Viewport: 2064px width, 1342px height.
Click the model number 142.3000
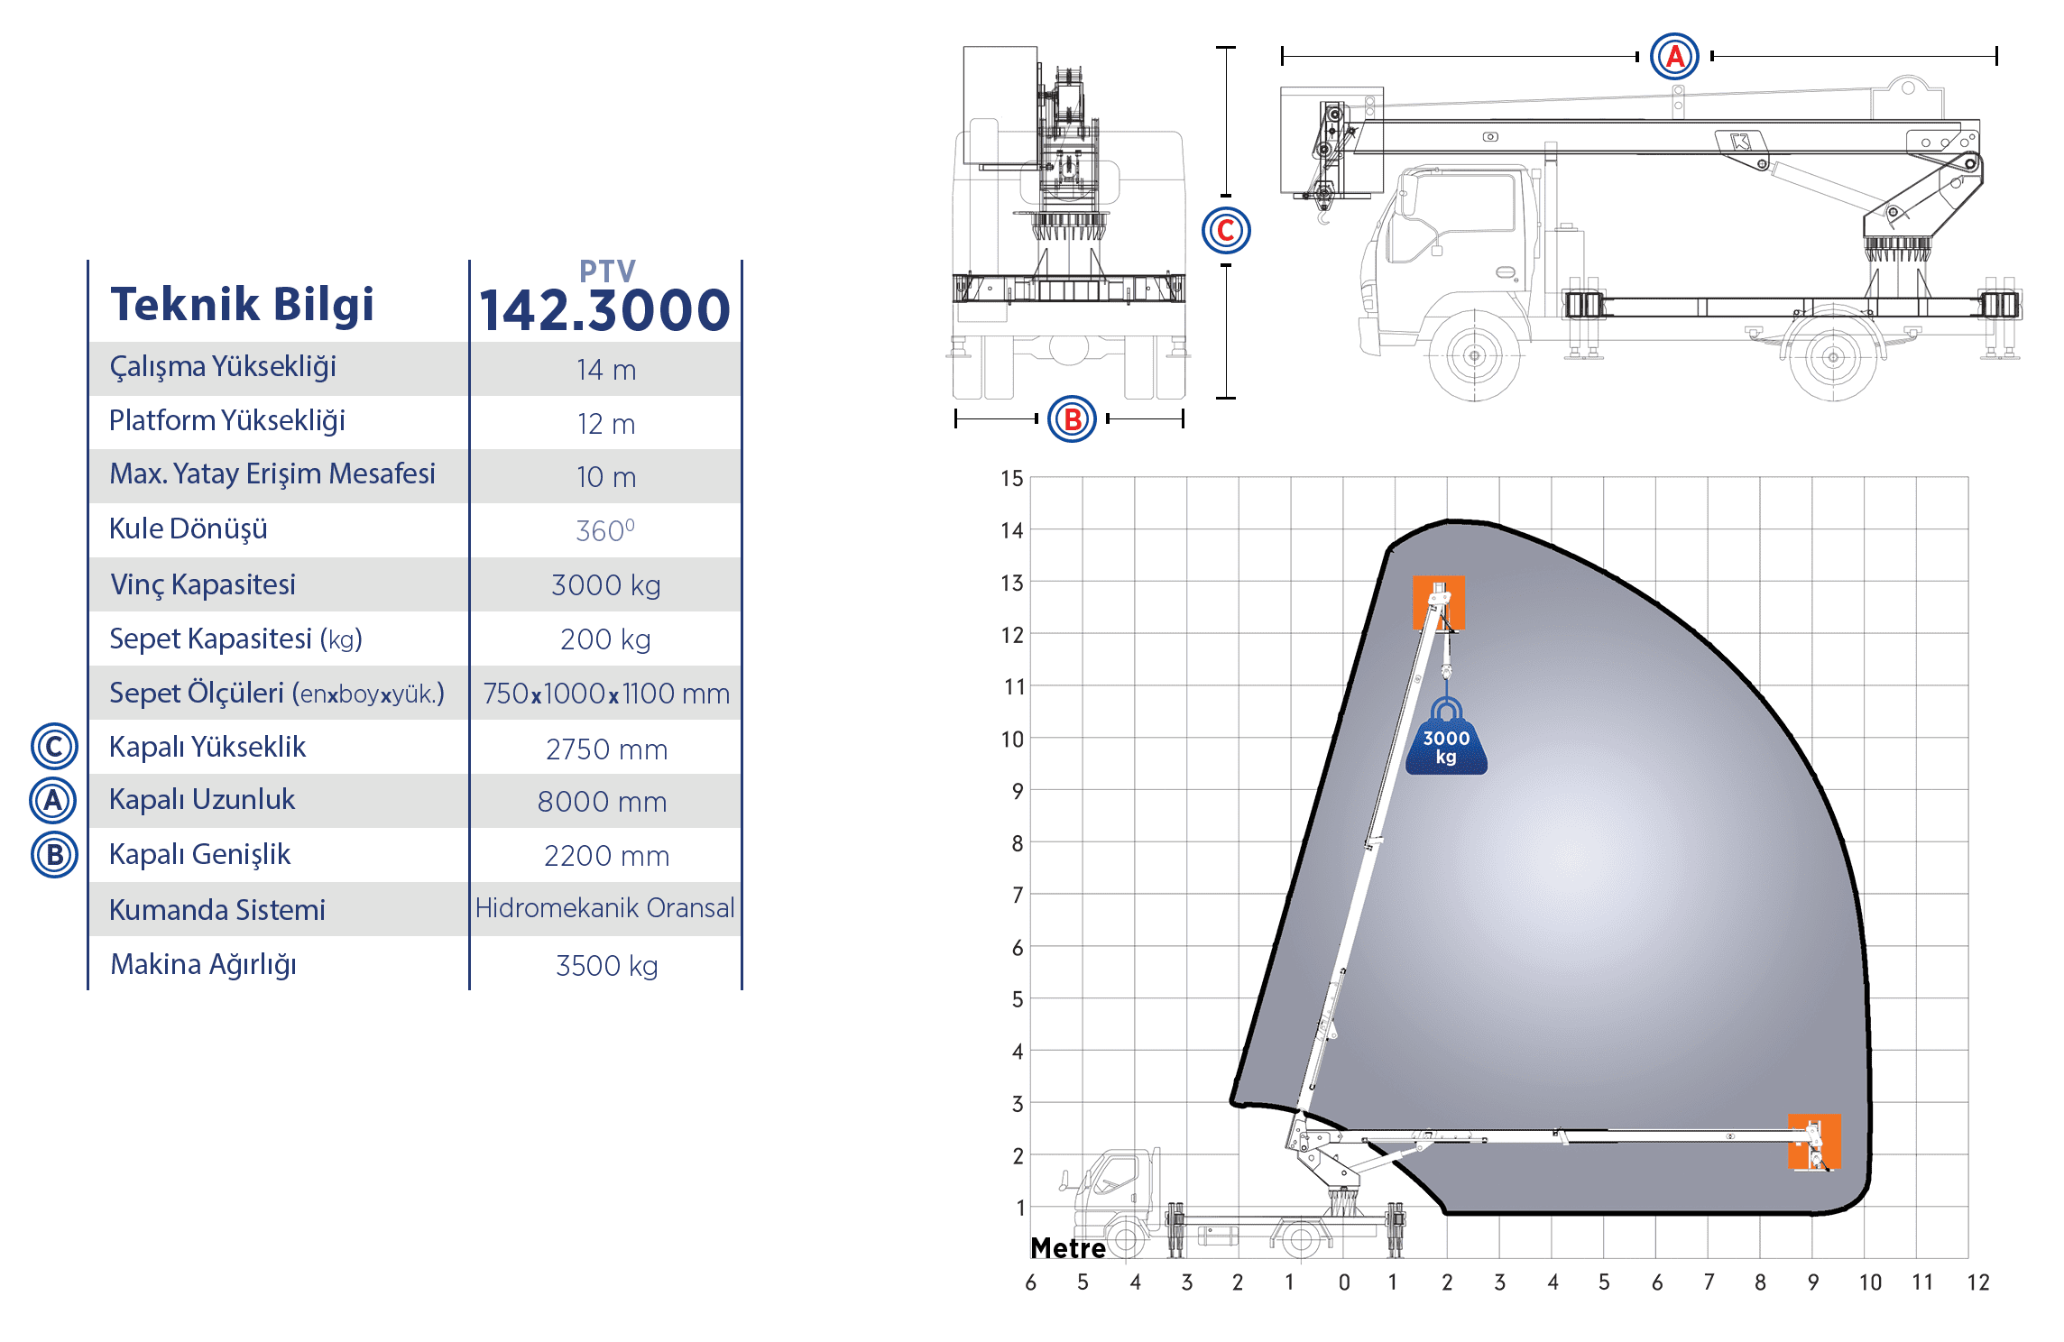coord(604,309)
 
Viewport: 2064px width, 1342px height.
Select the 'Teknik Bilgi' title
coord(242,304)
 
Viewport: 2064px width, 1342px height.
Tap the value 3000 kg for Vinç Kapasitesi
coord(606,585)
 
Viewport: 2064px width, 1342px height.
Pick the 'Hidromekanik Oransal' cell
coord(604,907)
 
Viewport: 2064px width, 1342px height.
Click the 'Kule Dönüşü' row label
coord(189,529)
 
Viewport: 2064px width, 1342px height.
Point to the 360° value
coord(605,530)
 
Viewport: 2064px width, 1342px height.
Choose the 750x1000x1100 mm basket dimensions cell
coord(606,694)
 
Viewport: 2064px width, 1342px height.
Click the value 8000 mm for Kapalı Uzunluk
coord(603,802)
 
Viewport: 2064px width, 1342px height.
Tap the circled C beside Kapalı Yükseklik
coord(54,746)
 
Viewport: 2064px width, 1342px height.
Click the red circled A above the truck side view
coord(1674,56)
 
